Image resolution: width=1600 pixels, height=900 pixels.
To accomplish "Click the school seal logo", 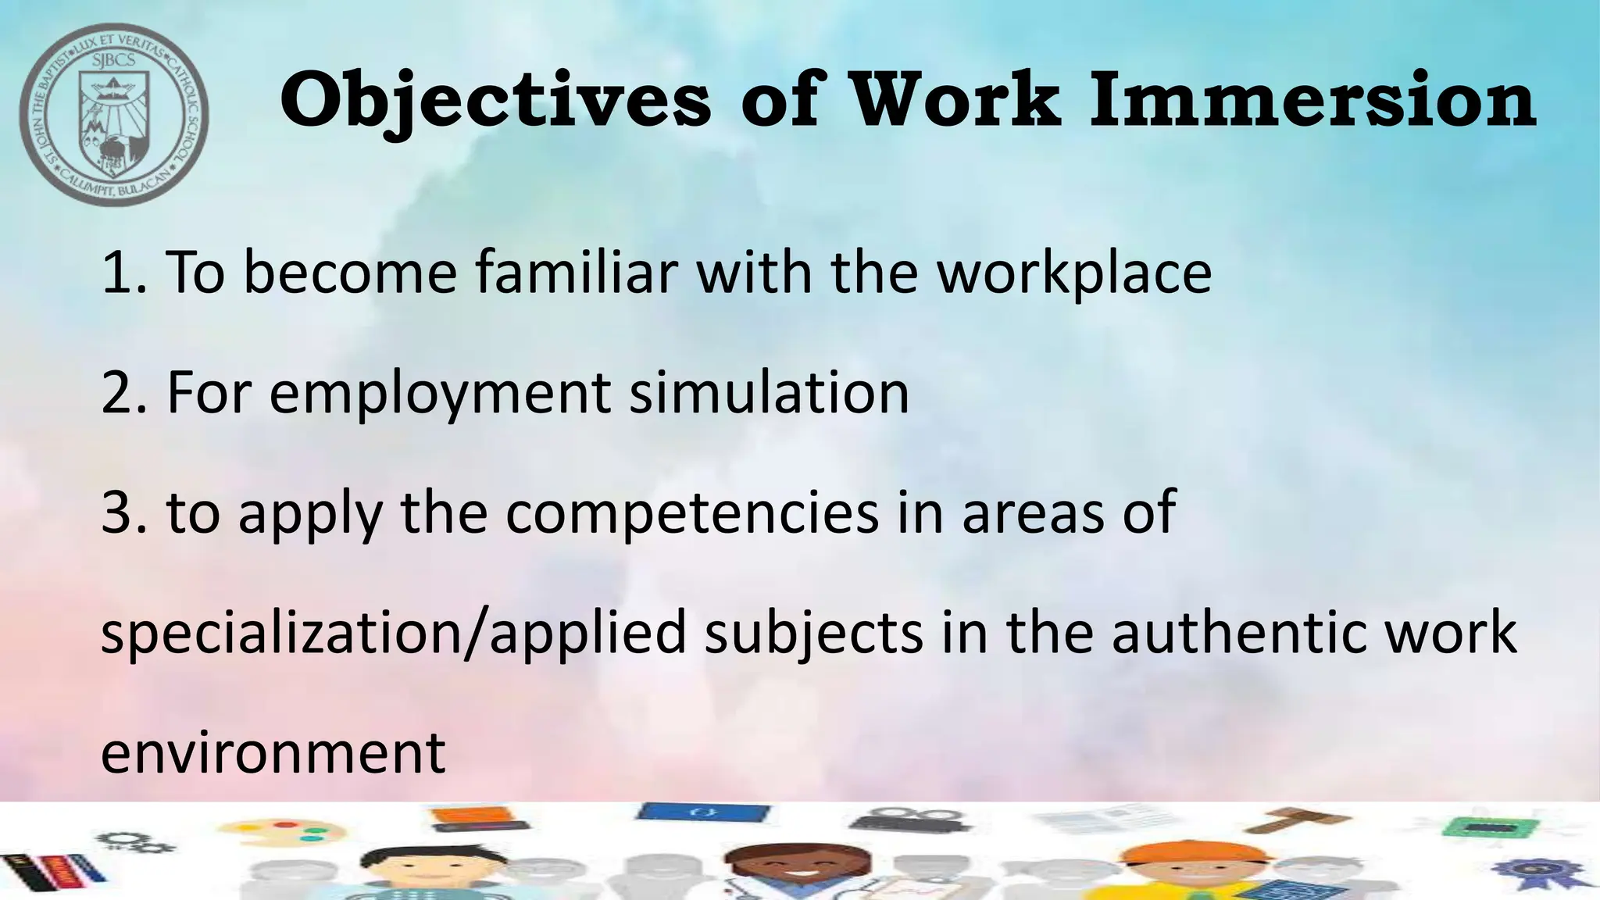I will point(114,114).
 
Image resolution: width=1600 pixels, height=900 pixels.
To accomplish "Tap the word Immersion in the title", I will point(1312,100).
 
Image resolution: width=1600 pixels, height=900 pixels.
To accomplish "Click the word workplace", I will point(1074,273).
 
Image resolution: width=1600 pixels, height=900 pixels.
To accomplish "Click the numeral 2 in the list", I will point(119,392).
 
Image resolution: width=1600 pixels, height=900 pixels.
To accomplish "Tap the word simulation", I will point(769,392).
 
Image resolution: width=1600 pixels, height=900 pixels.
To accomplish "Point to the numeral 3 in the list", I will point(119,512).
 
